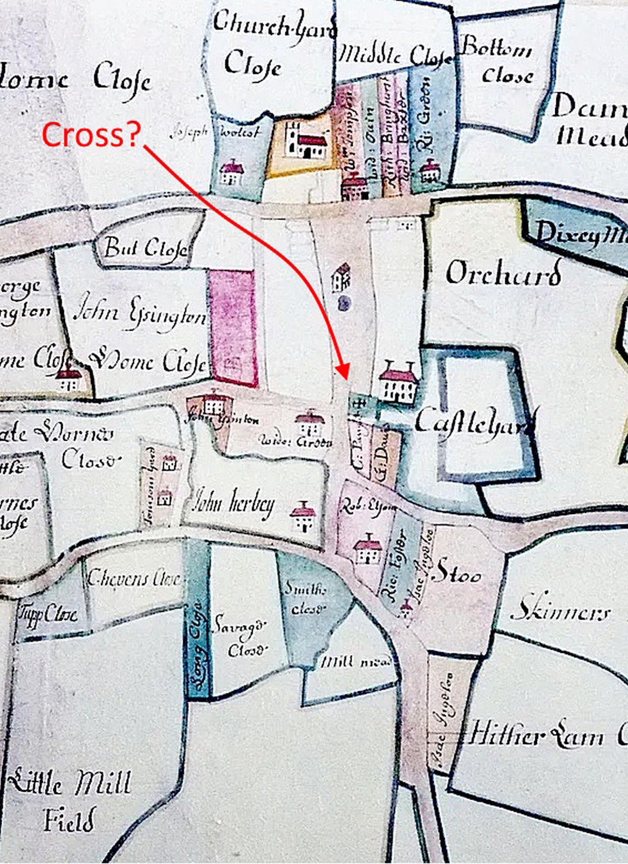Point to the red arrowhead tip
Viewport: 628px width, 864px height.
point(345,378)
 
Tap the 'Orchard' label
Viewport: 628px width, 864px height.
point(503,272)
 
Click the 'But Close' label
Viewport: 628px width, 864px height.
point(145,247)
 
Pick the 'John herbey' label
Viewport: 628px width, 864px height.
point(233,504)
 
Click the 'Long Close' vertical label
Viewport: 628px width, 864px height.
point(197,644)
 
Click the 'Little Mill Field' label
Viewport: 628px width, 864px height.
point(71,799)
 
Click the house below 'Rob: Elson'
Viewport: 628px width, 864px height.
point(368,550)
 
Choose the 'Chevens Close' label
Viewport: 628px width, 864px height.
point(134,578)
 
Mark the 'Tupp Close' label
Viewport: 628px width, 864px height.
point(48,615)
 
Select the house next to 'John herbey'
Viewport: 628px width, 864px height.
point(303,516)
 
